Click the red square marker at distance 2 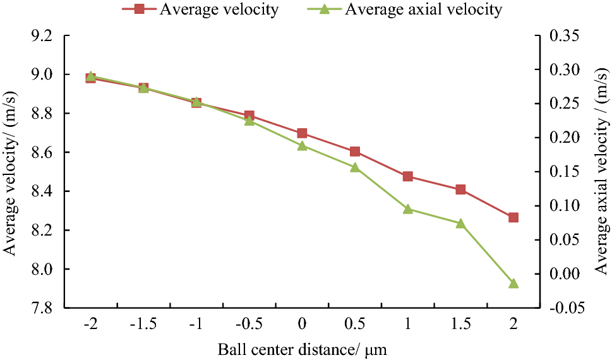pyautogui.click(x=513, y=217)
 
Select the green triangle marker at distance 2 pyautogui.click(x=513, y=284)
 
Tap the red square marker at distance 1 pyautogui.click(x=407, y=176)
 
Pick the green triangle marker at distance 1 pyautogui.click(x=407, y=209)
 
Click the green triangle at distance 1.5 pyautogui.click(x=460, y=223)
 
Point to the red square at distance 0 pyautogui.click(x=302, y=133)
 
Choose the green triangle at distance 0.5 pyautogui.click(x=355, y=167)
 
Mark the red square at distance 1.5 pyautogui.click(x=460, y=189)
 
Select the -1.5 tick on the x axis pyautogui.click(x=143, y=324)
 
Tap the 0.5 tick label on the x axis pyautogui.click(x=355, y=324)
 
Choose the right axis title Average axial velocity pyautogui.click(x=601, y=171)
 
